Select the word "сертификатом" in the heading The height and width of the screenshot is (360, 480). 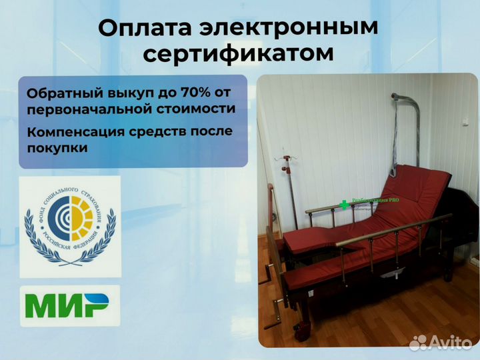(x=239, y=54)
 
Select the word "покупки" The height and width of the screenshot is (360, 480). (x=58, y=148)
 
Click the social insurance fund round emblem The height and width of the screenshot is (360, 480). (x=70, y=226)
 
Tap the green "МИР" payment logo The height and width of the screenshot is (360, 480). (x=69, y=306)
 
